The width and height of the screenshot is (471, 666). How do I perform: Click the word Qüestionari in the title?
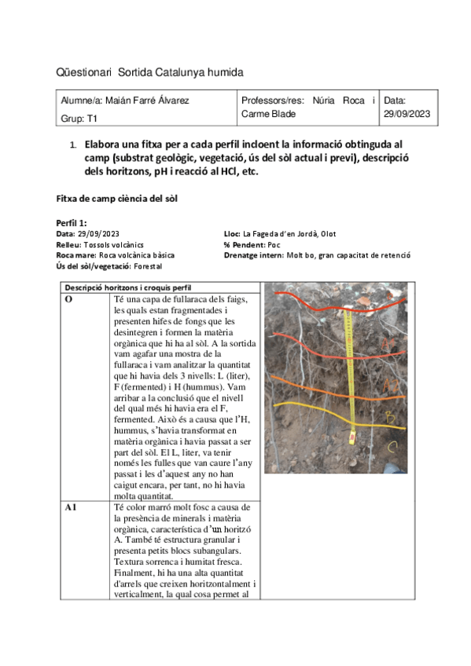point(84,72)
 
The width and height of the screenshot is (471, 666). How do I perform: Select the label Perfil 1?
point(72,224)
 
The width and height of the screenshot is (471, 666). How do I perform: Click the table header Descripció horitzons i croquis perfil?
point(129,287)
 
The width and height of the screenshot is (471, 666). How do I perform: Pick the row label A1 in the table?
point(71,508)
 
